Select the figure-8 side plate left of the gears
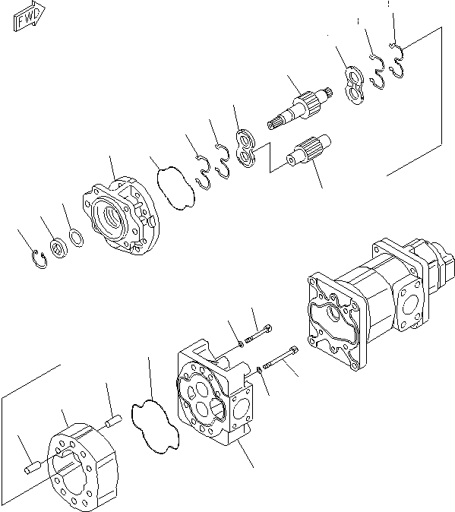[247, 147]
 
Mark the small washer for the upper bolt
[240, 343]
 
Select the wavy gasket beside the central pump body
[155, 422]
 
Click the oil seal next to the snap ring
[58, 250]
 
